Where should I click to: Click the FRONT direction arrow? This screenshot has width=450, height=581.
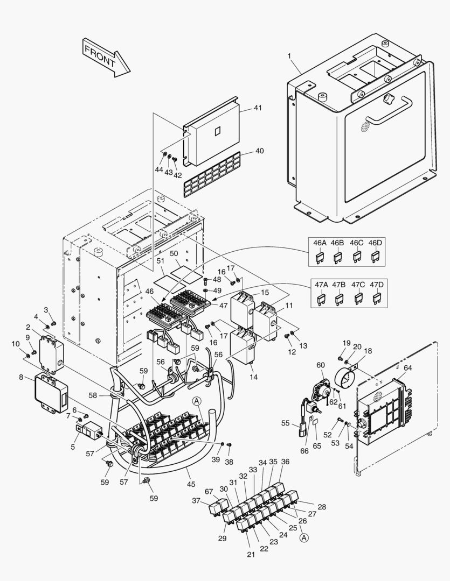(x=107, y=56)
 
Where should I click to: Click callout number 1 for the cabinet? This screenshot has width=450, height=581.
(x=289, y=56)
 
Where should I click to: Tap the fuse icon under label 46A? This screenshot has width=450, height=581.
(x=320, y=257)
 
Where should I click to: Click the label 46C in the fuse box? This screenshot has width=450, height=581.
(x=356, y=243)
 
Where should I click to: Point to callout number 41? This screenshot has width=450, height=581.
(x=258, y=108)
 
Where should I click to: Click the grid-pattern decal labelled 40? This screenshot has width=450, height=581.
(x=211, y=174)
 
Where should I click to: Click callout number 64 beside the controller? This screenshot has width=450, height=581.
(x=407, y=368)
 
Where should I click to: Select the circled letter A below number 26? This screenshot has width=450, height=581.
(x=304, y=537)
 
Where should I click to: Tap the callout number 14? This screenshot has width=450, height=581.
(x=253, y=377)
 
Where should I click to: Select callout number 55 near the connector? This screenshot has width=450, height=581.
(x=285, y=423)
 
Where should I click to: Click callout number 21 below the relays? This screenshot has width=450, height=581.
(x=250, y=554)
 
